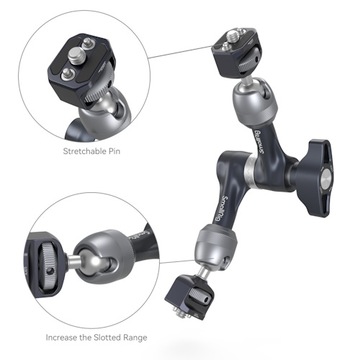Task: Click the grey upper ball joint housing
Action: pos(248,104)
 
